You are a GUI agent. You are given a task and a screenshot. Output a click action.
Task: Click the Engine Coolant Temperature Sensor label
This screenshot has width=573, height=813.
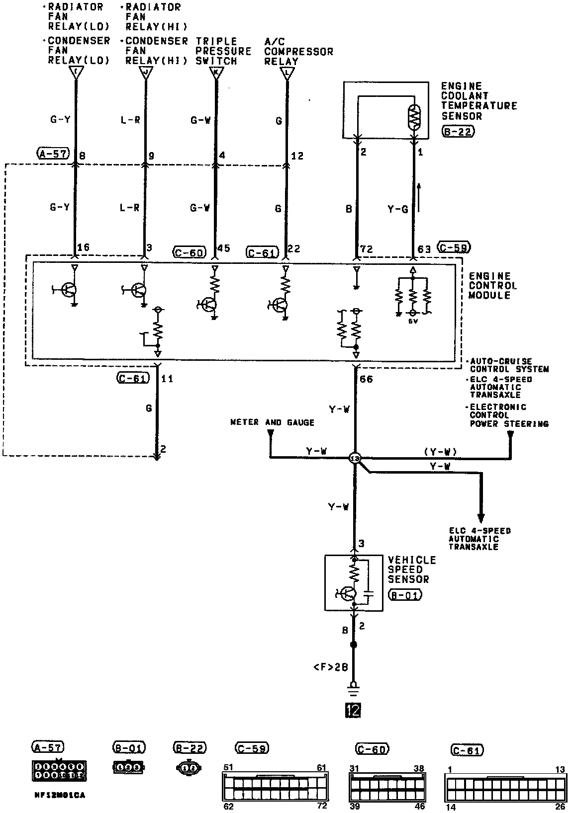[x=479, y=101]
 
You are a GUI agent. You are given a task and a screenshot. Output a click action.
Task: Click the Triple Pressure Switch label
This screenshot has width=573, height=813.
[x=223, y=51]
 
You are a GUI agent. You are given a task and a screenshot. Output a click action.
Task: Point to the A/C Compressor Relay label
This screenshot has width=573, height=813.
[x=298, y=51]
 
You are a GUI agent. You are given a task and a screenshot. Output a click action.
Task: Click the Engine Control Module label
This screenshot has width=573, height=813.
[x=493, y=285]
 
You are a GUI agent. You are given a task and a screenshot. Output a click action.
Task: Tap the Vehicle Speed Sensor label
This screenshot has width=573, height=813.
[x=411, y=569]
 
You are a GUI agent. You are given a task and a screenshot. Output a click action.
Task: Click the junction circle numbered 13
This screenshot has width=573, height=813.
[x=355, y=458]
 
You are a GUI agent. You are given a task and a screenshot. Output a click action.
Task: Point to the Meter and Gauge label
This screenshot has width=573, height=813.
[x=272, y=422]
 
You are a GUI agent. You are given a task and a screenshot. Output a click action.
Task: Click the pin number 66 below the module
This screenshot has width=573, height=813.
[x=366, y=379]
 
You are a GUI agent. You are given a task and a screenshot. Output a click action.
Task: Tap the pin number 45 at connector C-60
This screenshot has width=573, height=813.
[x=224, y=248]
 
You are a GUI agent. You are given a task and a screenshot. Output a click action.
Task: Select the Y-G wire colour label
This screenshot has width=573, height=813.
[x=398, y=209]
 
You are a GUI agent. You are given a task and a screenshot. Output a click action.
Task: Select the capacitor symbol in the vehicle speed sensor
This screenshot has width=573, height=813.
[x=368, y=593]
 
